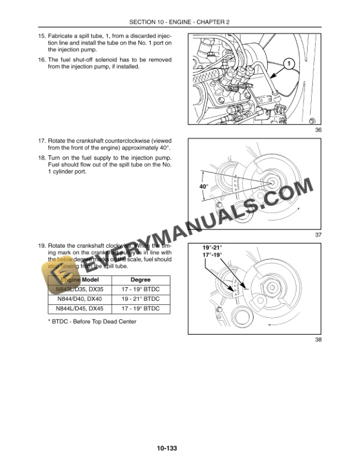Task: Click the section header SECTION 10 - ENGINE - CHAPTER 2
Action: click(x=179, y=22)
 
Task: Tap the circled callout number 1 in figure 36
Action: click(x=288, y=62)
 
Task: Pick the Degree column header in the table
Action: click(x=140, y=279)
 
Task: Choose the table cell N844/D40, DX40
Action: click(x=78, y=299)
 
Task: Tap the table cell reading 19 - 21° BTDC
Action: click(x=140, y=299)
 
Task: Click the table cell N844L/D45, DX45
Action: click(x=78, y=308)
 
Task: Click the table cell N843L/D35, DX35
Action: click(x=78, y=289)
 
